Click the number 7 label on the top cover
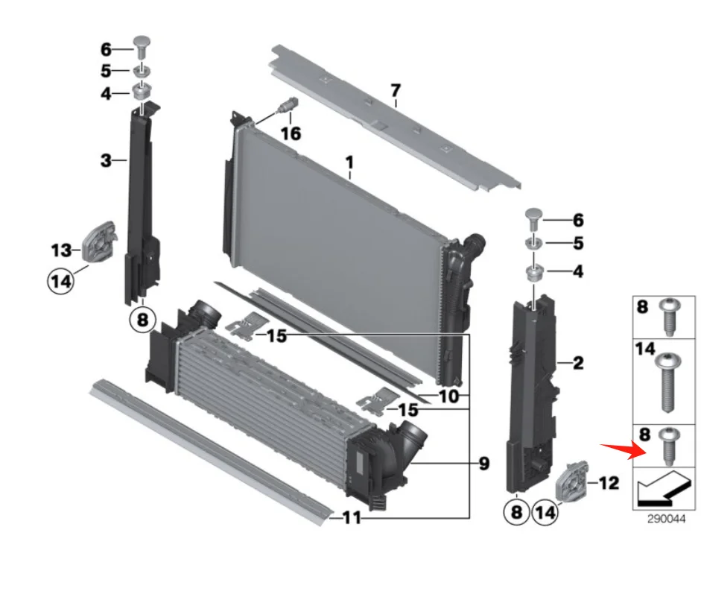tap(396, 91)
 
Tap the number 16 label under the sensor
tap(291, 133)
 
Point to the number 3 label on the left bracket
tap(107, 159)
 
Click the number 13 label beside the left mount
tap(60, 250)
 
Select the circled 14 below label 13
tap(61, 281)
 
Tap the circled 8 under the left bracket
tap(143, 320)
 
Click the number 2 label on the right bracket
tap(578, 364)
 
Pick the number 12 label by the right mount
tap(608, 484)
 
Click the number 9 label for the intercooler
tap(484, 464)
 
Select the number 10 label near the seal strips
tap(448, 396)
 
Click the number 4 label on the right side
tap(578, 273)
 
